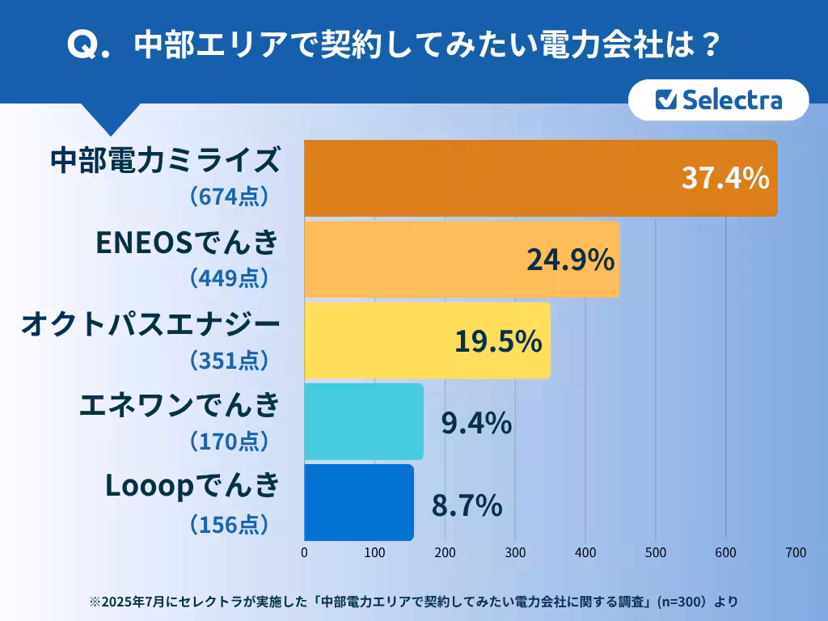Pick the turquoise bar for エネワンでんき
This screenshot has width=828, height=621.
[x=364, y=421]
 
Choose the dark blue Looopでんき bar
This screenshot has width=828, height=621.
[x=359, y=502]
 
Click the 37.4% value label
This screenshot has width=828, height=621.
[x=724, y=179]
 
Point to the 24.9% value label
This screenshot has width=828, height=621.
[x=571, y=260]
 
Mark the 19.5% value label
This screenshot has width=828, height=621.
[x=497, y=341]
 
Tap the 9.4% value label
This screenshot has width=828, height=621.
[x=476, y=422]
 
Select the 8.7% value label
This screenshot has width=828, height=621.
[x=467, y=505]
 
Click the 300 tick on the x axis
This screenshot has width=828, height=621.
[x=515, y=553]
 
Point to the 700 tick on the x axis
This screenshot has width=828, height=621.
[x=796, y=553]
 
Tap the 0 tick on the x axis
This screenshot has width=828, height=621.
[x=304, y=553]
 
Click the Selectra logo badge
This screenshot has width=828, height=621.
[x=718, y=100]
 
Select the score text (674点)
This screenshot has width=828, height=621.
[x=228, y=197]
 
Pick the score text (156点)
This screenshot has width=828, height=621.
[x=228, y=524]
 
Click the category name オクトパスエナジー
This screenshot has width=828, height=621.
[x=150, y=323]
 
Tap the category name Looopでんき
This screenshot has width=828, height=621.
[x=192, y=487]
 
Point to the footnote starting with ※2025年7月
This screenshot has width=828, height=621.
[x=413, y=602]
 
